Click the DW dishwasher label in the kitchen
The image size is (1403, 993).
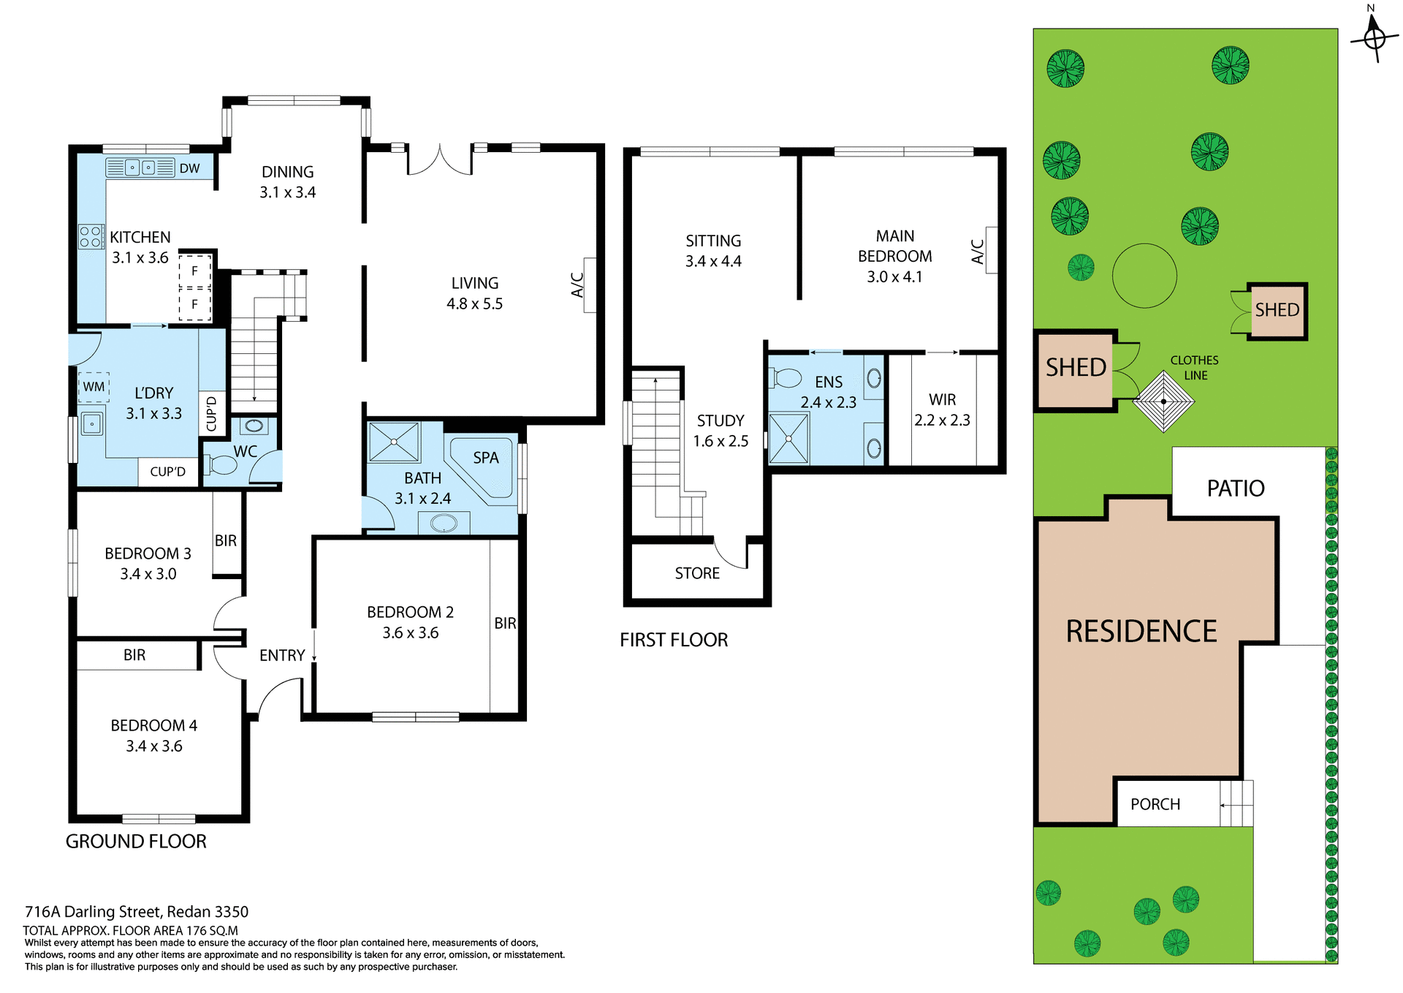coord(189,168)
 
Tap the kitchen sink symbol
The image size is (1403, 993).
coord(140,167)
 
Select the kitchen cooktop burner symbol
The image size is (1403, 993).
coord(91,237)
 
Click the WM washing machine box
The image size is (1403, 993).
coord(94,387)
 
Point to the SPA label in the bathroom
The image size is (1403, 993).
coord(485,458)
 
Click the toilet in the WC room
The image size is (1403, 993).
coord(221,464)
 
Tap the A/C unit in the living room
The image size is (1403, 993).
coord(589,285)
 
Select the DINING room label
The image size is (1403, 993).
coord(287,172)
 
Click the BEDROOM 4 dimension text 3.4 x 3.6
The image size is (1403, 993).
coord(153,746)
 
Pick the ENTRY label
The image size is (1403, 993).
coord(282,655)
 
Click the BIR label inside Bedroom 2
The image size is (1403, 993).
coord(505,623)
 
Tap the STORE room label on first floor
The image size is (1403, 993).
coord(697,573)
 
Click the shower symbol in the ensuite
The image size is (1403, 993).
coord(788,439)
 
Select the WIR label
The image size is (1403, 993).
coord(942,399)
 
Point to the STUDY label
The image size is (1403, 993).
coord(720,420)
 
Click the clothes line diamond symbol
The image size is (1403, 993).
coord(1163,401)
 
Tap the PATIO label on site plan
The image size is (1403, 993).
coord(1235,488)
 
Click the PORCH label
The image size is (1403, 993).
coord(1155,804)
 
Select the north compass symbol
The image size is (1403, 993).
coord(1375,37)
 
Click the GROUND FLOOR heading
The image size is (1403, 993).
coord(136,842)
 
